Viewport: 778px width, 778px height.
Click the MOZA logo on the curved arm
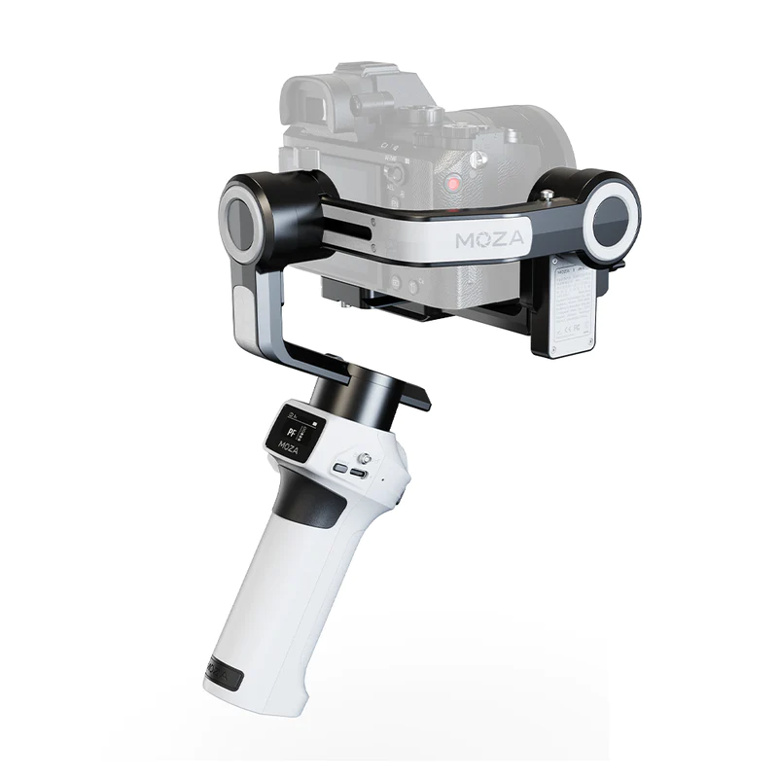[489, 238]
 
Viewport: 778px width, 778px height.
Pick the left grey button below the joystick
[339, 468]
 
